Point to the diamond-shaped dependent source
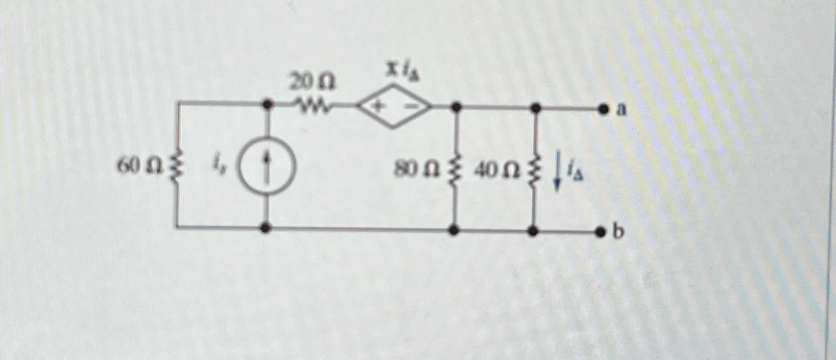(x=393, y=106)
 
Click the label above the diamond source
(x=401, y=71)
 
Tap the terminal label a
(x=622, y=110)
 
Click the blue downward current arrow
(x=556, y=172)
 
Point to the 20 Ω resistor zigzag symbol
(x=312, y=105)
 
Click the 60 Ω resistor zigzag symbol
(x=175, y=167)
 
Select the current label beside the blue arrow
(x=572, y=172)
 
